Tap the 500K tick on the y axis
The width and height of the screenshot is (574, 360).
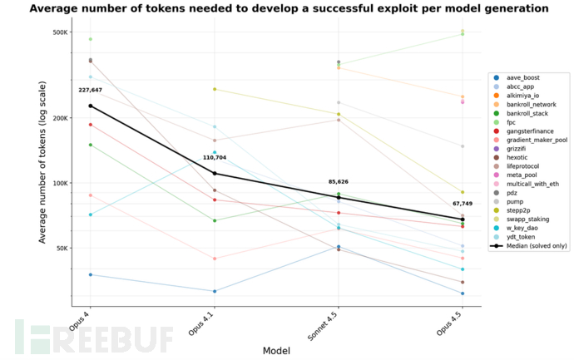point(57,32)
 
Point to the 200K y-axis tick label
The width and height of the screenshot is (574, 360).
point(57,118)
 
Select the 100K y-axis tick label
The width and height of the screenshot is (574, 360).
point(57,183)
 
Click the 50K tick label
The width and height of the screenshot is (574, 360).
point(60,248)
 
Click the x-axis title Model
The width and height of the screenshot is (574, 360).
point(276,351)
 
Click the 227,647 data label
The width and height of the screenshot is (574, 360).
point(91,90)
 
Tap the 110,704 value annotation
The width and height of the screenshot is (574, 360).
point(215,157)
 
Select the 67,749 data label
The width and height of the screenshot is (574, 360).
point(463,203)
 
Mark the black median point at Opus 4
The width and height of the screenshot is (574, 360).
point(90,106)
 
